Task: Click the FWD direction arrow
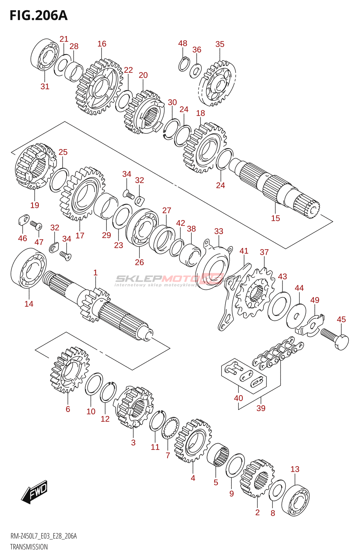(34, 492)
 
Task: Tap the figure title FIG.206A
(39, 16)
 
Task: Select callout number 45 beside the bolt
(341, 319)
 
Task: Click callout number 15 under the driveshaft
(276, 218)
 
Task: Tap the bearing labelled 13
(296, 497)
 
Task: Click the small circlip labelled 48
(184, 64)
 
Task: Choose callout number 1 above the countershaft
(95, 273)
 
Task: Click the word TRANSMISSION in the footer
(29, 547)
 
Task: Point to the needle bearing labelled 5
(218, 456)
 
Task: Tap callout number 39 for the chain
(261, 408)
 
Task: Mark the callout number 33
(219, 231)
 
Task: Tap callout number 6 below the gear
(68, 409)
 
